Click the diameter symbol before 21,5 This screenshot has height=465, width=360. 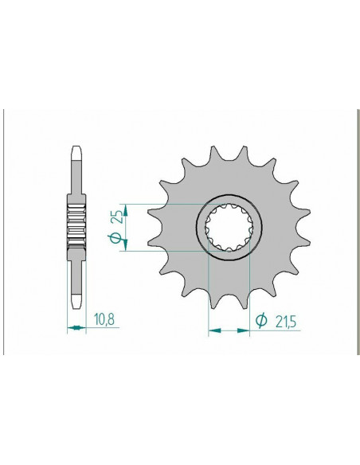tap(260, 320)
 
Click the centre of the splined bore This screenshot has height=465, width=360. tap(229, 226)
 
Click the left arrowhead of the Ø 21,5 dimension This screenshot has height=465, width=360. tap(212, 326)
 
